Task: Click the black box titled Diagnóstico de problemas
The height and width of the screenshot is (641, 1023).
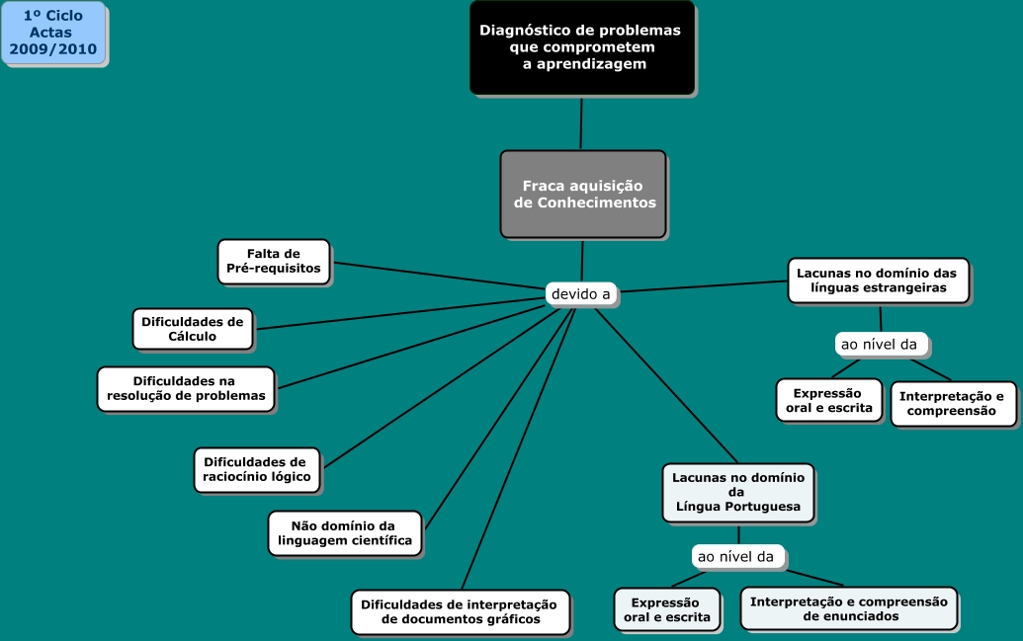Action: click(581, 47)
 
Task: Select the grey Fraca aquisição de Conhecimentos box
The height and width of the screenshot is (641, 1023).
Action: click(583, 195)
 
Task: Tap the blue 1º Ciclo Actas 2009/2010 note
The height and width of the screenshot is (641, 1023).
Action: click(53, 33)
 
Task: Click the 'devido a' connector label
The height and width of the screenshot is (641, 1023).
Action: click(581, 293)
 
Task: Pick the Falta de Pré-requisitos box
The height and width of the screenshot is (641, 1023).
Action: click(274, 261)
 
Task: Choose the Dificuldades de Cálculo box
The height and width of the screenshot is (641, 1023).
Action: click(193, 329)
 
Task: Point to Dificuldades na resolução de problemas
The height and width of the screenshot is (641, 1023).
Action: click(186, 388)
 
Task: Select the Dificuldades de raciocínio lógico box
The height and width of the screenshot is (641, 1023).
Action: click(256, 469)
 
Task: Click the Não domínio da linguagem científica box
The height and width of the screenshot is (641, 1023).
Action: click(344, 533)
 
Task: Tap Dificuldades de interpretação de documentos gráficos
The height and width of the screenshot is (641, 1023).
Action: click(460, 611)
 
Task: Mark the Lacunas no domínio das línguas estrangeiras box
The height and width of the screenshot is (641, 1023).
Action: click(878, 280)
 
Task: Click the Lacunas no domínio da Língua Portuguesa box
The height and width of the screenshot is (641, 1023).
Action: click(737, 492)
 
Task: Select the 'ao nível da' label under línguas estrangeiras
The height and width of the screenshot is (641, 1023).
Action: click(879, 345)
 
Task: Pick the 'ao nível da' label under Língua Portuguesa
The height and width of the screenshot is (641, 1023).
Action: click(736, 557)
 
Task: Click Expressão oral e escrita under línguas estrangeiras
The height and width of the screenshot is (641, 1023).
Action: click(828, 400)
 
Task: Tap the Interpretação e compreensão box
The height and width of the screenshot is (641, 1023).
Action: click(952, 403)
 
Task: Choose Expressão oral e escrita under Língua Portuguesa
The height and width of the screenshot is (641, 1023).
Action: click(666, 609)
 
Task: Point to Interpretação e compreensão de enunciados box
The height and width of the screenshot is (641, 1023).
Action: click(848, 608)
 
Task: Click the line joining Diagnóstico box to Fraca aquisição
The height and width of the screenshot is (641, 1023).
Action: click(581, 123)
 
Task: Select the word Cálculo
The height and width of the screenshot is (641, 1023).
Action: click(193, 337)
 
